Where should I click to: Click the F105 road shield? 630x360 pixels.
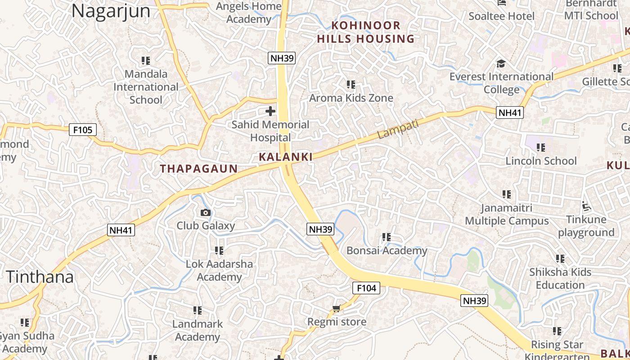(83, 130)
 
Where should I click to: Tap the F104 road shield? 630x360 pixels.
(366, 288)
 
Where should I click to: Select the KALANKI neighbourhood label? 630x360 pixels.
(286, 157)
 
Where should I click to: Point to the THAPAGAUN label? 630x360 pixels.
(199, 169)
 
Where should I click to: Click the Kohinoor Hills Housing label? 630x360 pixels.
(365, 32)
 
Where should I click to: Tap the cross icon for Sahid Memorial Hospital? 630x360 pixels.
(270, 111)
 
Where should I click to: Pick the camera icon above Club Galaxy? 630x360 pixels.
(206, 212)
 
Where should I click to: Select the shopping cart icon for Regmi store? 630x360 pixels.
(336, 309)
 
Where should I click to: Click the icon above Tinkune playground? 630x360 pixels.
(586, 207)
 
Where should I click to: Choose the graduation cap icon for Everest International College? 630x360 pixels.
(501, 63)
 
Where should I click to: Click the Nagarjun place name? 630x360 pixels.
(111, 11)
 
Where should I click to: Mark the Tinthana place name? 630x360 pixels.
(40, 277)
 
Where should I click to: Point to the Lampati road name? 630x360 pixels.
(398, 129)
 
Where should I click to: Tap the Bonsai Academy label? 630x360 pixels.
(387, 251)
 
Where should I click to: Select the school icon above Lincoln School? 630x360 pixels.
(541, 148)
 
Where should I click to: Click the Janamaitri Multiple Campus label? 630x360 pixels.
(507, 215)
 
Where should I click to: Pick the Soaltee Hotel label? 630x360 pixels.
(502, 16)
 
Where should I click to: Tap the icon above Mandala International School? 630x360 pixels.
(145, 60)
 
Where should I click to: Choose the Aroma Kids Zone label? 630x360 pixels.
(351, 98)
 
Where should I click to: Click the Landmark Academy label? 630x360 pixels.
(198, 330)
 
